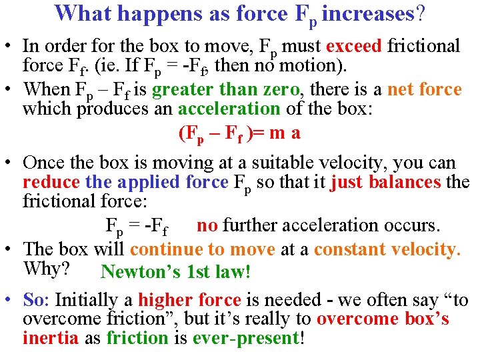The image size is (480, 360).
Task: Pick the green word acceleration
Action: (229, 109)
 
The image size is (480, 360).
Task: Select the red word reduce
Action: (51, 182)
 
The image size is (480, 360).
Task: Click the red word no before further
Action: (207, 226)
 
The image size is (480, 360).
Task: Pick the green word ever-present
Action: (246, 337)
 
